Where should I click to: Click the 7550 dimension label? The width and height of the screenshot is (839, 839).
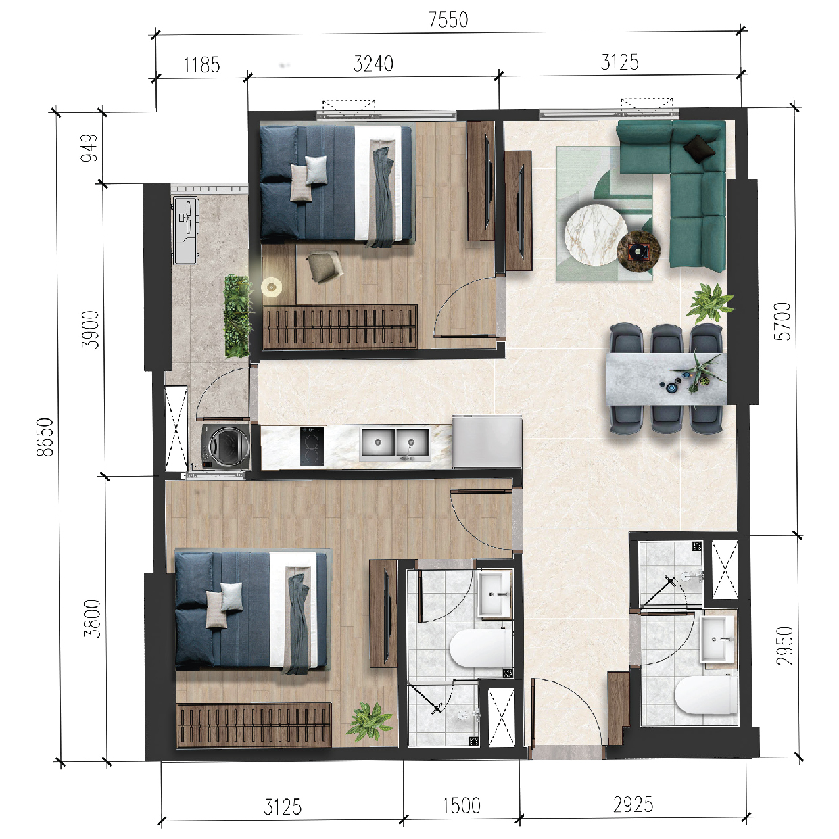(x=448, y=20)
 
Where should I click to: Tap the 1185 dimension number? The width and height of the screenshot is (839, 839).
(x=201, y=66)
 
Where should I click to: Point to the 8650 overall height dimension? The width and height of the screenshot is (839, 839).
(x=45, y=437)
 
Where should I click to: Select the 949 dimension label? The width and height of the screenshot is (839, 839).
(x=90, y=148)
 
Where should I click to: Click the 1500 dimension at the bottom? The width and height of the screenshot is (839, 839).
(x=462, y=806)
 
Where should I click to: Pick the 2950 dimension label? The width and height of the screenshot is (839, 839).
(x=785, y=646)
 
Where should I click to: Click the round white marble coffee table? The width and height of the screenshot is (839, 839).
(x=596, y=235)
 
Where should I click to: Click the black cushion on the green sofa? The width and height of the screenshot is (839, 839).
(x=699, y=148)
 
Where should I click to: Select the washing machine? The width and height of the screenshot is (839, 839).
(x=226, y=447)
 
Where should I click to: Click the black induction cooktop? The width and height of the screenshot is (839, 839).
(x=312, y=446)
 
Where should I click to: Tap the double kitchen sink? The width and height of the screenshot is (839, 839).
(x=395, y=444)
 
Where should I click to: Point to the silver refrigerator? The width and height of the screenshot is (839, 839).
(x=487, y=441)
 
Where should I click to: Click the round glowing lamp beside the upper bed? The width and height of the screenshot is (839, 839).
(x=271, y=287)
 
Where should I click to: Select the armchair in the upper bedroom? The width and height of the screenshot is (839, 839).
(x=324, y=266)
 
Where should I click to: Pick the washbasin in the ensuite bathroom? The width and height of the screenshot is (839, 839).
(x=495, y=594)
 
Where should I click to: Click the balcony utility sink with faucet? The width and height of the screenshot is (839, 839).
(x=187, y=231)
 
